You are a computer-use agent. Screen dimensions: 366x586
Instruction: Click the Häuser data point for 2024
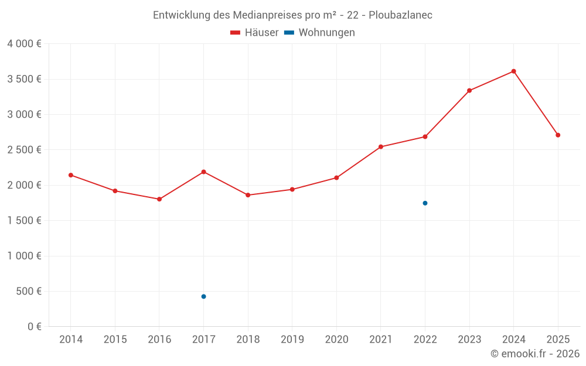(x=513, y=71)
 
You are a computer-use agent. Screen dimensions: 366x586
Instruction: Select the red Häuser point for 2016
(x=159, y=199)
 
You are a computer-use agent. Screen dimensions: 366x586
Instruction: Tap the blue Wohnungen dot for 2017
(x=203, y=296)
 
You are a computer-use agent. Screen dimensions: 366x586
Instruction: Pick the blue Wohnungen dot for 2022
(x=425, y=203)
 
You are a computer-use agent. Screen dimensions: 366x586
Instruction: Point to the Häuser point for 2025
(x=558, y=135)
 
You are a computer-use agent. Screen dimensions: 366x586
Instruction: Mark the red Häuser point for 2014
(x=71, y=175)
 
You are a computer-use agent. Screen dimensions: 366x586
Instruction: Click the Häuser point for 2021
(x=381, y=147)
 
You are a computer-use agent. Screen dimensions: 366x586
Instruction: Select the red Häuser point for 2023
(x=469, y=91)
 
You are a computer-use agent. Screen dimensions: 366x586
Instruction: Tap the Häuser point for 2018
(x=248, y=195)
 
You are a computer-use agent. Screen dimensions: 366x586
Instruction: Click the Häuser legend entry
(x=255, y=33)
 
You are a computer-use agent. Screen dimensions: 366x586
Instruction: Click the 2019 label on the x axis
(x=292, y=340)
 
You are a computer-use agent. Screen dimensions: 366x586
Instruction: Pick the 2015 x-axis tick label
(x=115, y=340)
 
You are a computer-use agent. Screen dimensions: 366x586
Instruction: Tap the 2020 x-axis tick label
(x=336, y=340)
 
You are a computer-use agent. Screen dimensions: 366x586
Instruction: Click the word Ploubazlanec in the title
(x=400, y=15)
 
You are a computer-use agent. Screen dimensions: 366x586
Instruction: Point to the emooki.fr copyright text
(x=535, y=354)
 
